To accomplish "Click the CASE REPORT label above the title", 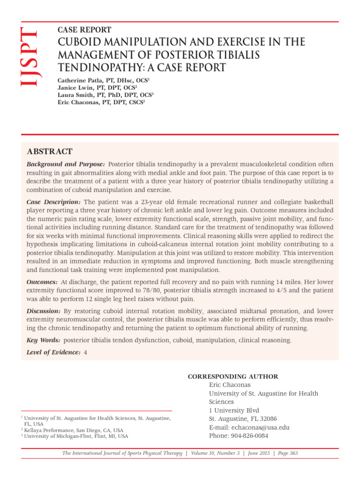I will pyautogui.click(x=84, y=30).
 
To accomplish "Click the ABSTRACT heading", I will pyautogui.click(x=50, y=151).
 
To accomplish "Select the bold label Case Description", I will pyautogui.click(x=53, y=201).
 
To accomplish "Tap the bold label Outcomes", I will pyautogui.click(x=42, y=282).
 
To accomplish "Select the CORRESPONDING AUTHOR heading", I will pyautogui.click(x=233, y=376).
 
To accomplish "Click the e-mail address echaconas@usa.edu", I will pyautogui.click(x=263, y=427).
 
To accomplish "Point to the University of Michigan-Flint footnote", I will pyautogui.click(x=76, y=436).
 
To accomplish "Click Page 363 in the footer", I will pyautogui.click(x=285, y=453).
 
